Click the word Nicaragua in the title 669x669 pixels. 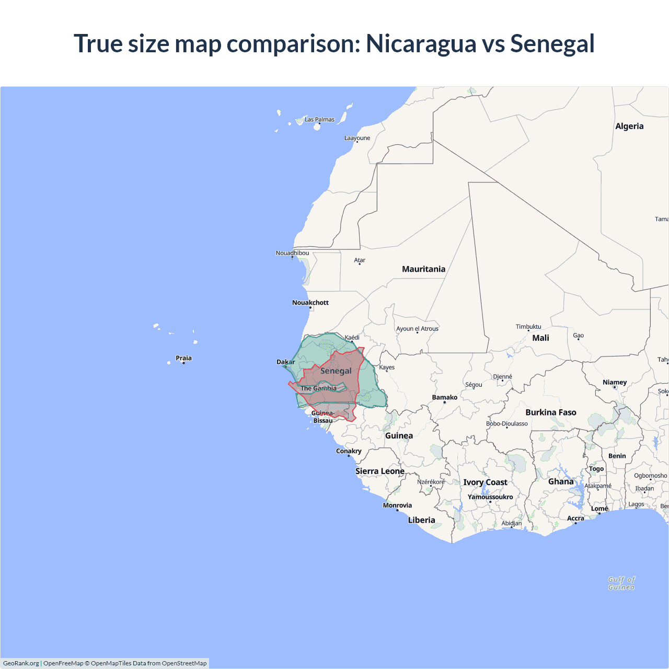pos(421,43)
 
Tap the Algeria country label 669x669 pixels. pos(629,126)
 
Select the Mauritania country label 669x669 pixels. pos(423,269)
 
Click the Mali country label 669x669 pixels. pos(540,338)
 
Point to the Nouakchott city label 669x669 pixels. pos(310,303)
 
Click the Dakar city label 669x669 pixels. pos(285,362)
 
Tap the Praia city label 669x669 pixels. pos(183,358)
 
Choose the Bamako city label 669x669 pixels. pos(444,397)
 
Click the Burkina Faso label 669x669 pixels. pos(551,412)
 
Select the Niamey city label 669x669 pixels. pos(614,382)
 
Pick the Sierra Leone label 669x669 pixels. pos(380,471)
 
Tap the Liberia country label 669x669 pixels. pos(421,520)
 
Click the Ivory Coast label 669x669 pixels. pos(485,482)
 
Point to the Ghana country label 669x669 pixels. pos(561,481)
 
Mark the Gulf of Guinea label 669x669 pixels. pos(621,583)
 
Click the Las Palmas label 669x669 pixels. pos(319,120)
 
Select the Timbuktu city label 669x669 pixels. pos(528,327)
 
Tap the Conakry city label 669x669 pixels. pos(349,451)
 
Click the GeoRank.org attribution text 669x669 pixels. pos(21,663)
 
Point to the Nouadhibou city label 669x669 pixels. pos(292,253)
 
